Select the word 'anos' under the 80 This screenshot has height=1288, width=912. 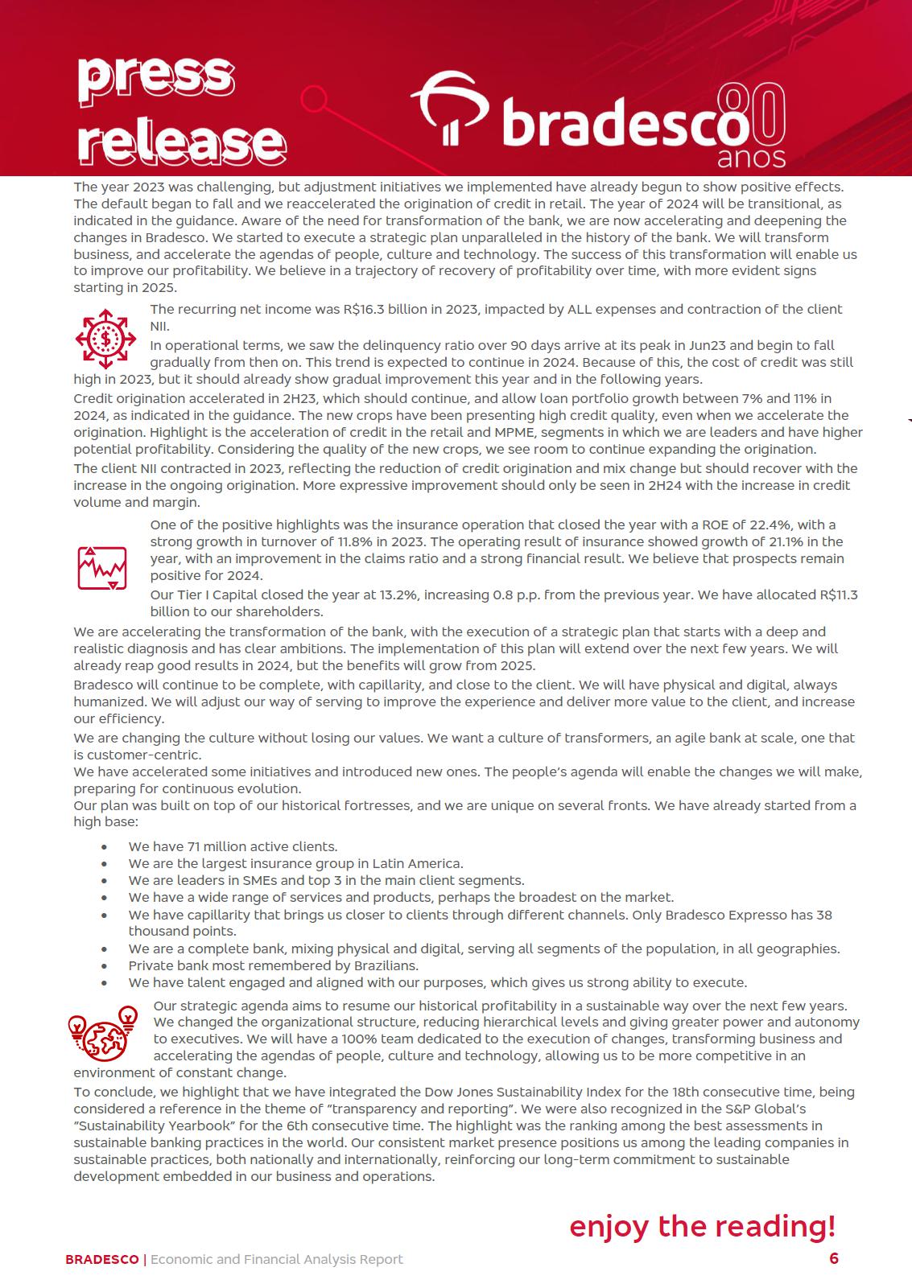coord(750,157)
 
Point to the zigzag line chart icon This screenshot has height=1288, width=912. coord(102,567)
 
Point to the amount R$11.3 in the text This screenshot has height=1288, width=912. coord(839,595)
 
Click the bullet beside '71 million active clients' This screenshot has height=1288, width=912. coord(105,847)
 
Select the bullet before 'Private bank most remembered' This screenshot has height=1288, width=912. coord(105,965)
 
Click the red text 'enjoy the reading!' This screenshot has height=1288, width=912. coord(702,1226)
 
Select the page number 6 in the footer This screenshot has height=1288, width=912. coord(834,1258)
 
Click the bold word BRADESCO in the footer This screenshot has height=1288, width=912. coord(101,1259)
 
